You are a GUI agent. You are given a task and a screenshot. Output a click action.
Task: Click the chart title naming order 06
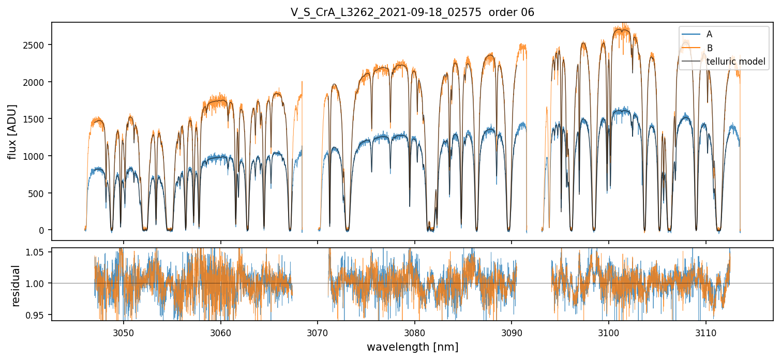pyautogui.click(x=412, y=12)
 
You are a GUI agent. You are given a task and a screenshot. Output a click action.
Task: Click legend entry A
pyautogui.click(x=709, y=34)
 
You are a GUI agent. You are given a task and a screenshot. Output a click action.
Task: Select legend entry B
pyautogui.click(x=709, y=48)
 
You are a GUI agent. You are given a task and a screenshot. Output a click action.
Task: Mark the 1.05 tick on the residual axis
pyautogui.click(x=37, y=252)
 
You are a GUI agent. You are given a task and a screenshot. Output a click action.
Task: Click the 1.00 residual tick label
pyautogui.click(x=37, y=283)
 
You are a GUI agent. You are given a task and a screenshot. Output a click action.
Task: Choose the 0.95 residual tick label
pyautogui.click(x=37, y=315)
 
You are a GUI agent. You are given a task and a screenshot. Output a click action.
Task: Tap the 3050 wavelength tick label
pyautogui.click(x=124, y=332)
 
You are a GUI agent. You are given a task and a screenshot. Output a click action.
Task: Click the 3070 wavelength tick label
pyautogui.click(x=318, y=332)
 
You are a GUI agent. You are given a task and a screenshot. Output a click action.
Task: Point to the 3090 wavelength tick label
pyautogui.click(x=512, y=332)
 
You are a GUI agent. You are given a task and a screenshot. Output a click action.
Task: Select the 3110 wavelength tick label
pyautogui.click(x=706, y=332)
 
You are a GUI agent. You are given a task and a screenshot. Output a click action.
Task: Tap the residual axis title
pyautogui.click(x=16, y=286)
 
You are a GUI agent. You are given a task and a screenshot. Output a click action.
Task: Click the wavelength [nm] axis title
pyautogui.click(x=412, y=347)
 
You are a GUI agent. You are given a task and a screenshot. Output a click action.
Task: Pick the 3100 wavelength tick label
pyautogui.click(x=609, y=332)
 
